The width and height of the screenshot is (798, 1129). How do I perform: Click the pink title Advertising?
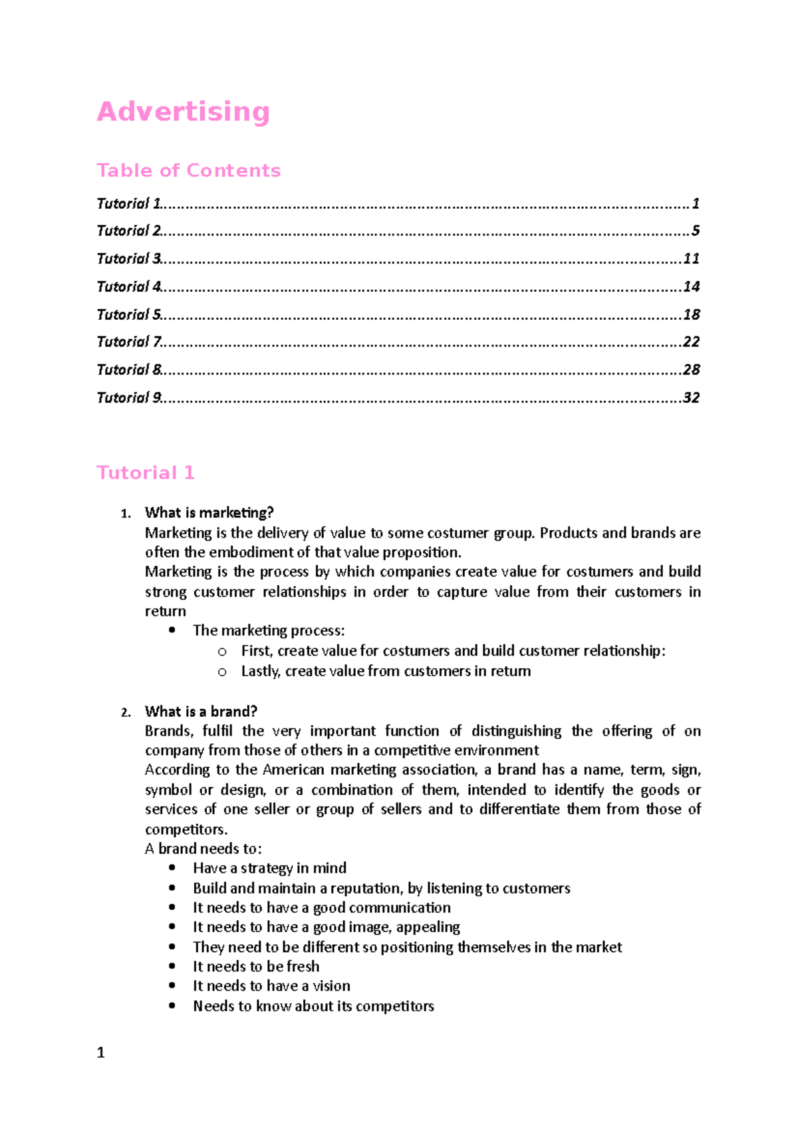pos(183,112)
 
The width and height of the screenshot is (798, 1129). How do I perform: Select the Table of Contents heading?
pos(188,171)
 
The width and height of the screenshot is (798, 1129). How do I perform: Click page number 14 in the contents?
pos(691,287)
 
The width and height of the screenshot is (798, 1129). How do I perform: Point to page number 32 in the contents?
pos(691,398)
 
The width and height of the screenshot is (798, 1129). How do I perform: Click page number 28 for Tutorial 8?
pos(691,370)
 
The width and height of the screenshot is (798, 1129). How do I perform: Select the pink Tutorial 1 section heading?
pos(145,473)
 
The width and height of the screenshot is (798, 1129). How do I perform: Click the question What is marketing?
pos(209,513)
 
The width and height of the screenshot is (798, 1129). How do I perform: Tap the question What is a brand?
pos(201,711)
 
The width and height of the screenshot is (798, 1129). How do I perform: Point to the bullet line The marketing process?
pos(269,630)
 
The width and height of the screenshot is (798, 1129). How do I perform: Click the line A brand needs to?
pos(203,848)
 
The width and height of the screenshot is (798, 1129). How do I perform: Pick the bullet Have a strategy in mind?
pos(269,868)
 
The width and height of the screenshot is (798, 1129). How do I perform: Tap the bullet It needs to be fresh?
pos(256,966)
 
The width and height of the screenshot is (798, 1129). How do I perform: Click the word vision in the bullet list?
pos(331,986)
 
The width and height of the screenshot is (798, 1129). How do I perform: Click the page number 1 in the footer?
pos(100,1053)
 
